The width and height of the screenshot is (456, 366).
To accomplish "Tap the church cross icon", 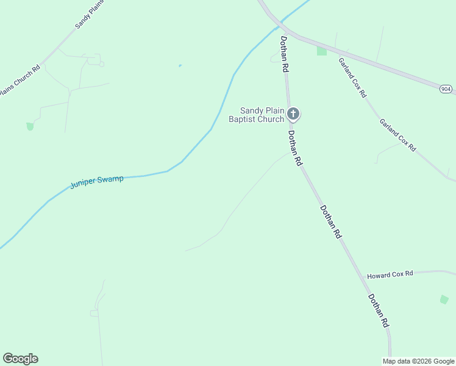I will (293, 113).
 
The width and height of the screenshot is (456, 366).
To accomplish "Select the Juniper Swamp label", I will (97, 182).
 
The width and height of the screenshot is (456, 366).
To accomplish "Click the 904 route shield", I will (446, 89).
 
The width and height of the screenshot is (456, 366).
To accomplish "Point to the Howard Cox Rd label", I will (390, 274).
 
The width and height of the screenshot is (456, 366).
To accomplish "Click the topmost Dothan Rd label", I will (284, 54).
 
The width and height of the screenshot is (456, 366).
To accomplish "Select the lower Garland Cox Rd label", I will (397, 135).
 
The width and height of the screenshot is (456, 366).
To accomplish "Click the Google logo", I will (20, 359).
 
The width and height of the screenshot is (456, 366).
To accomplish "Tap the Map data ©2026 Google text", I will (418, 361).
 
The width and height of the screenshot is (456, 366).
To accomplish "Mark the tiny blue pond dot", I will (180, 65).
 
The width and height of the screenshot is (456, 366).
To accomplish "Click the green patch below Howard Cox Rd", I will (444, 300).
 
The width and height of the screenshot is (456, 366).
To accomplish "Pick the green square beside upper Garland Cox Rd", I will (321, 51).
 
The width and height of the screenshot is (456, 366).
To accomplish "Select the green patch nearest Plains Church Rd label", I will (30, 126).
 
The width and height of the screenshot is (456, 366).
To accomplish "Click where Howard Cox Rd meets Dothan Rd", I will (363, 278).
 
